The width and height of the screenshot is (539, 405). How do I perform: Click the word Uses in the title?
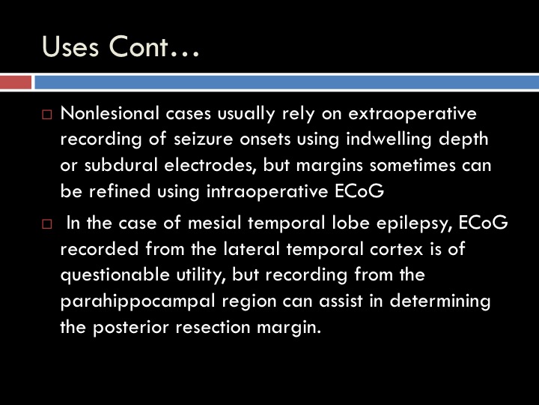[x=70, y=46]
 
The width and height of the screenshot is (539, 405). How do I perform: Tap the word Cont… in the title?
[x=154, y=46]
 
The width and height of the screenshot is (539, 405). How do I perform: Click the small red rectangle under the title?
[x=16, y=82]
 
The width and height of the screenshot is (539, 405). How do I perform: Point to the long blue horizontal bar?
[x=287, y=82]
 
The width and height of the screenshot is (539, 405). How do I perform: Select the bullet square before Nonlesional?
[x=46, y=114]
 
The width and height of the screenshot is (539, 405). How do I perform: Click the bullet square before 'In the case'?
[x=46, y=224]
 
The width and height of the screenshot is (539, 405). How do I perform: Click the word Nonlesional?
[x=110, y=113]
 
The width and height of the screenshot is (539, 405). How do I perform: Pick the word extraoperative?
[x=412, y=114]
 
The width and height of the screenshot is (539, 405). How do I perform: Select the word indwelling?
[x=389, y=139]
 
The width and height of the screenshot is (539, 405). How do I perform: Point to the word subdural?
[x=121, y=165]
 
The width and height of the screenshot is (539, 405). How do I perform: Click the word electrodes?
[x=210, y=166]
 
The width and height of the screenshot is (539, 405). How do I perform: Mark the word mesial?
[x=215, y=223]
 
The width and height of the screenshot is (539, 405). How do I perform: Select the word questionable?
[x=115, y=275]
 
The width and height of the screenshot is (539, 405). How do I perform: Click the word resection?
[x=213, y=328]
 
